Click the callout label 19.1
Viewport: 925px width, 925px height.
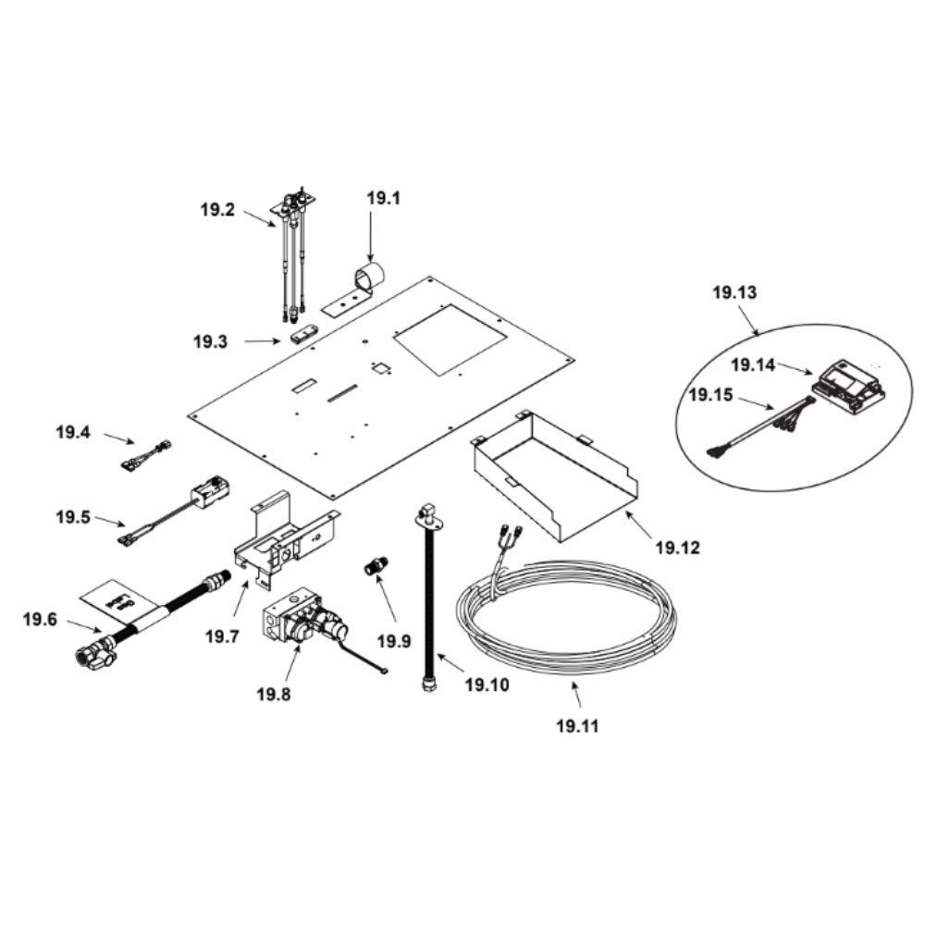(384, 198)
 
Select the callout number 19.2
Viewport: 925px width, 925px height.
(217, 209)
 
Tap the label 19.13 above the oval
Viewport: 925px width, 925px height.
(734, 292)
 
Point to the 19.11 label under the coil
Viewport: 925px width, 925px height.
(577, 725)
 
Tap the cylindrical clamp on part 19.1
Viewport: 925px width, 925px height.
(369, 276)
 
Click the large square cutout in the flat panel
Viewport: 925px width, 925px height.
(450, 339)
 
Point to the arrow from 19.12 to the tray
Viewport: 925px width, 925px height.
(639, 525)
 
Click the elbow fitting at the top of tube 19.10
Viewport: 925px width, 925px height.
(425, 512)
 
